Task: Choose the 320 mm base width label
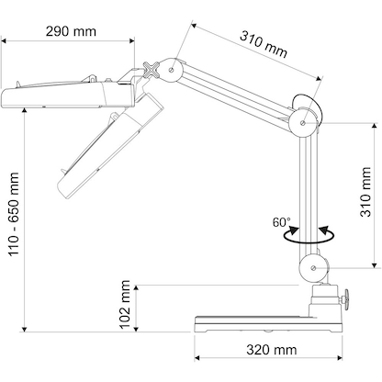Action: [270, 350]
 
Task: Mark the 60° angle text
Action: [281, 222]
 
